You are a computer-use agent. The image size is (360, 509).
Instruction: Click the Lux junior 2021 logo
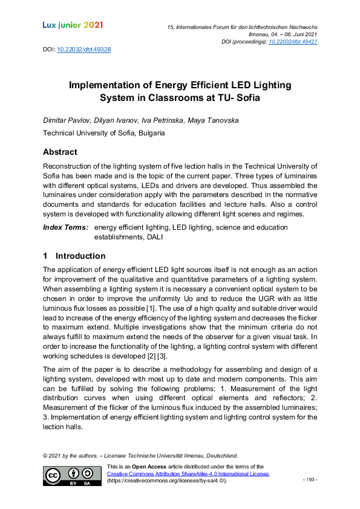(x=73, y=25)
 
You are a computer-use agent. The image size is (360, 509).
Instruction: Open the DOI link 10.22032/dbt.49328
(x=83, y=48)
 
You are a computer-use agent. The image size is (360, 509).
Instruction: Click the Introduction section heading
(x=80, y=256)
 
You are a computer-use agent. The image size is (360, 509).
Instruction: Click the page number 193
(x=310, y=479)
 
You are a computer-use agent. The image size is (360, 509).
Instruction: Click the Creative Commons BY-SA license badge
(x=72, y=476)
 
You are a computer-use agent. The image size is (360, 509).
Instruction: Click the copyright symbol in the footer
(x=45, y=455)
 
